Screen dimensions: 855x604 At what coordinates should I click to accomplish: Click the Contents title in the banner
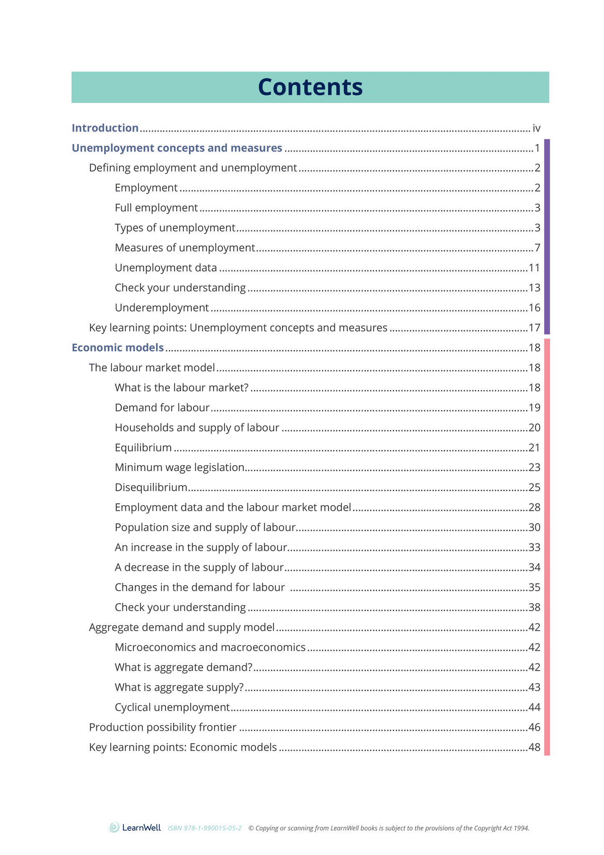coord(310,87)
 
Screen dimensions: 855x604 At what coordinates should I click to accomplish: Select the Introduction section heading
coord(105,128)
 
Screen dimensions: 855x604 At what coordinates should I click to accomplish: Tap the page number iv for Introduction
coord(536,128)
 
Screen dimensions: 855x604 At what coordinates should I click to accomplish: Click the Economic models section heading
coord(117,348)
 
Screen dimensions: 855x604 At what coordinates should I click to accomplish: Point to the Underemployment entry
coord(161,308)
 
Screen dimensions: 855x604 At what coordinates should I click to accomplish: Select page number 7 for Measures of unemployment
coord(537,248)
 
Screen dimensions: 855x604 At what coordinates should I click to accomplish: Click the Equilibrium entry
coord(143,448)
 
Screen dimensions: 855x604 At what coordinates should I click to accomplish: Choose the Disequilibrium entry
coord(151,488)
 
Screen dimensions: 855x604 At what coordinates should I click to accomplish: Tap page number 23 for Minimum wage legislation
coord(534,468)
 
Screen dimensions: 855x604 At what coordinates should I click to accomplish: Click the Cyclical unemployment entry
coord(172,707)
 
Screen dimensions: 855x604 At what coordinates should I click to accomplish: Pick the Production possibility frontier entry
coord(163,727)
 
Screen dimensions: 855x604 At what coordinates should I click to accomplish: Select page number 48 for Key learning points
coord(534,747)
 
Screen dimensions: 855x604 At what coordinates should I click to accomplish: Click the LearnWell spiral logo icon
coord(114,827)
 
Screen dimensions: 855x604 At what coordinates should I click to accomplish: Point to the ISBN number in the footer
coord(204,828)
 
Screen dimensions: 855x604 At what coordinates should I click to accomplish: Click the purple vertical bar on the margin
coord(547,236)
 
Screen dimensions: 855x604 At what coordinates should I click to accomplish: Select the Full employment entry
coord(156,208)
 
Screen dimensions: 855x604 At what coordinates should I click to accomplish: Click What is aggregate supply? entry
coord(179,687)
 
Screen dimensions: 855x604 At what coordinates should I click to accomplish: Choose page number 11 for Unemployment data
coord(534,268)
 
